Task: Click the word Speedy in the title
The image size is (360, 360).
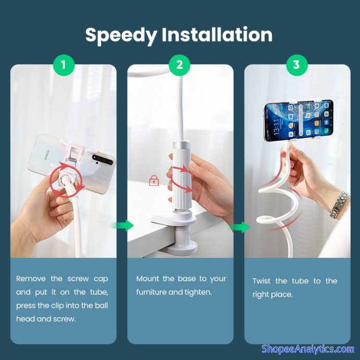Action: pos(121,35)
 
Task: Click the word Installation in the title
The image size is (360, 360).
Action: pos(217,34)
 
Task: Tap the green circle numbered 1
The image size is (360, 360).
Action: pos(64,65)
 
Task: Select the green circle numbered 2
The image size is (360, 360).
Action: pos(179,65)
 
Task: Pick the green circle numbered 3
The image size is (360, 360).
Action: pos(297,65)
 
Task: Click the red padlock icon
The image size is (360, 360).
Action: pos(154,181)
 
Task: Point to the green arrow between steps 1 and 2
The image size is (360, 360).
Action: pos(123,225)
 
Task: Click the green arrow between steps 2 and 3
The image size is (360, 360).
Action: pos(239,227)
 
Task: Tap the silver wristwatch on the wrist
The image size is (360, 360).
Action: pos(340,205)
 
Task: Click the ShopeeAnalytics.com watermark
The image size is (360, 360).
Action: pos(308,349)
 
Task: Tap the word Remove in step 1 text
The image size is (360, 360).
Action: pos(31,279)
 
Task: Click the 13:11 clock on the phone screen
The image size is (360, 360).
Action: pos(276,126)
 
